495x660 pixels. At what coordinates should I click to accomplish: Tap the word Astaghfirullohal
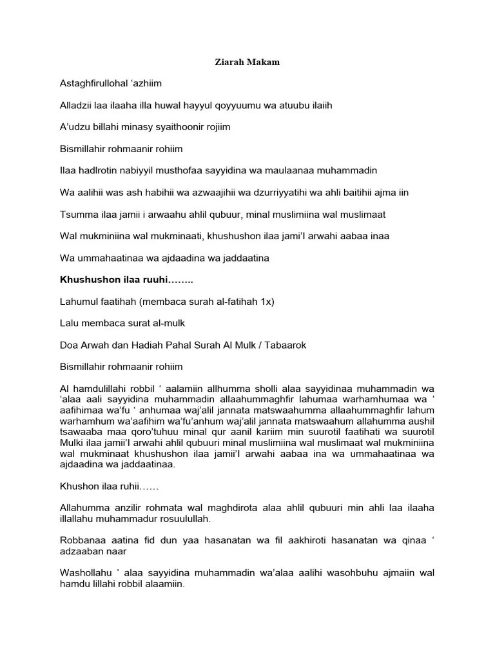(97, 83)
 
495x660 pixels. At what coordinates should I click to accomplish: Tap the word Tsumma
(78, 214)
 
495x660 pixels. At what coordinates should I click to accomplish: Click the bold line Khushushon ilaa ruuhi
(126, 280)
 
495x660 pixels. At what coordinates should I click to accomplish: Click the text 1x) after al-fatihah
(266, 302)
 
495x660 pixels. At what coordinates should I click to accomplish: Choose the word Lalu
(70, 324)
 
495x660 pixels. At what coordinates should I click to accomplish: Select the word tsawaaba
(81, 432)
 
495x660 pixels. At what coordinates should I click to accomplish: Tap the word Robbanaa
(82, 541)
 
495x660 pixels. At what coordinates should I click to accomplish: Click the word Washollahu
(86, 574)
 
